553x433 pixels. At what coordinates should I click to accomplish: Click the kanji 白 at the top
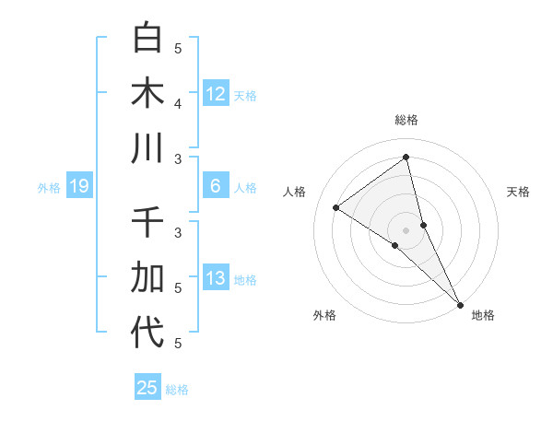pyautogui.click(x=148, y=38)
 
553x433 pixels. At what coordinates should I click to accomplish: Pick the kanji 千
pyautogui.click(x=148, y=222)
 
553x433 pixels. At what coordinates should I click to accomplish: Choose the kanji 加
pyautogui.click(x=148, y=277)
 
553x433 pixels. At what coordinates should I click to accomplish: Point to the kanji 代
pyautogui.click(x=148, y=333)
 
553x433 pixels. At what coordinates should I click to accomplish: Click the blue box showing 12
pyautogui.click(x=216, y=94)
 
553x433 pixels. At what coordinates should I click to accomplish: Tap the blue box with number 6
pyautogui.click(x=216, y=186)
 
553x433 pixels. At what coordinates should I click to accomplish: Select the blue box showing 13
pyautogui.click(x=216, y=278)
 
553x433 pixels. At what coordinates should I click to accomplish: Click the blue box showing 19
pyautogui.click(x=79, y=187)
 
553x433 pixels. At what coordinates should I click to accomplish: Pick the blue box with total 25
pyautogui.click(x=147, y=388)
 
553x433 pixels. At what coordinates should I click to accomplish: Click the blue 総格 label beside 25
pyautogui.click(x=177, y=390)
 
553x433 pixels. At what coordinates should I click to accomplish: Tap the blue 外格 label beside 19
pyautogui.click(x=49, y=188)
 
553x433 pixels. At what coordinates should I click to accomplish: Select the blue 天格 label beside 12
pyautogui.click(x=245, y=96)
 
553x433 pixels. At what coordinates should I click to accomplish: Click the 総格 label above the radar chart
pyautogui.click(x=406, y=120)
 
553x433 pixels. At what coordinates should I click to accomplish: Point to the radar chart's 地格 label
pyautogui.click(x=483, y=315)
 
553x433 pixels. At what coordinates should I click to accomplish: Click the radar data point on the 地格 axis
pyautogui.click(x=460, y=304)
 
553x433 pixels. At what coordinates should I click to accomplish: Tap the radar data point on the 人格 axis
pyautogui.click(x=336, y=207)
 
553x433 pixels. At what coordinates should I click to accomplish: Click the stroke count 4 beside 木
pyautogui.click(x=179, y=103)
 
